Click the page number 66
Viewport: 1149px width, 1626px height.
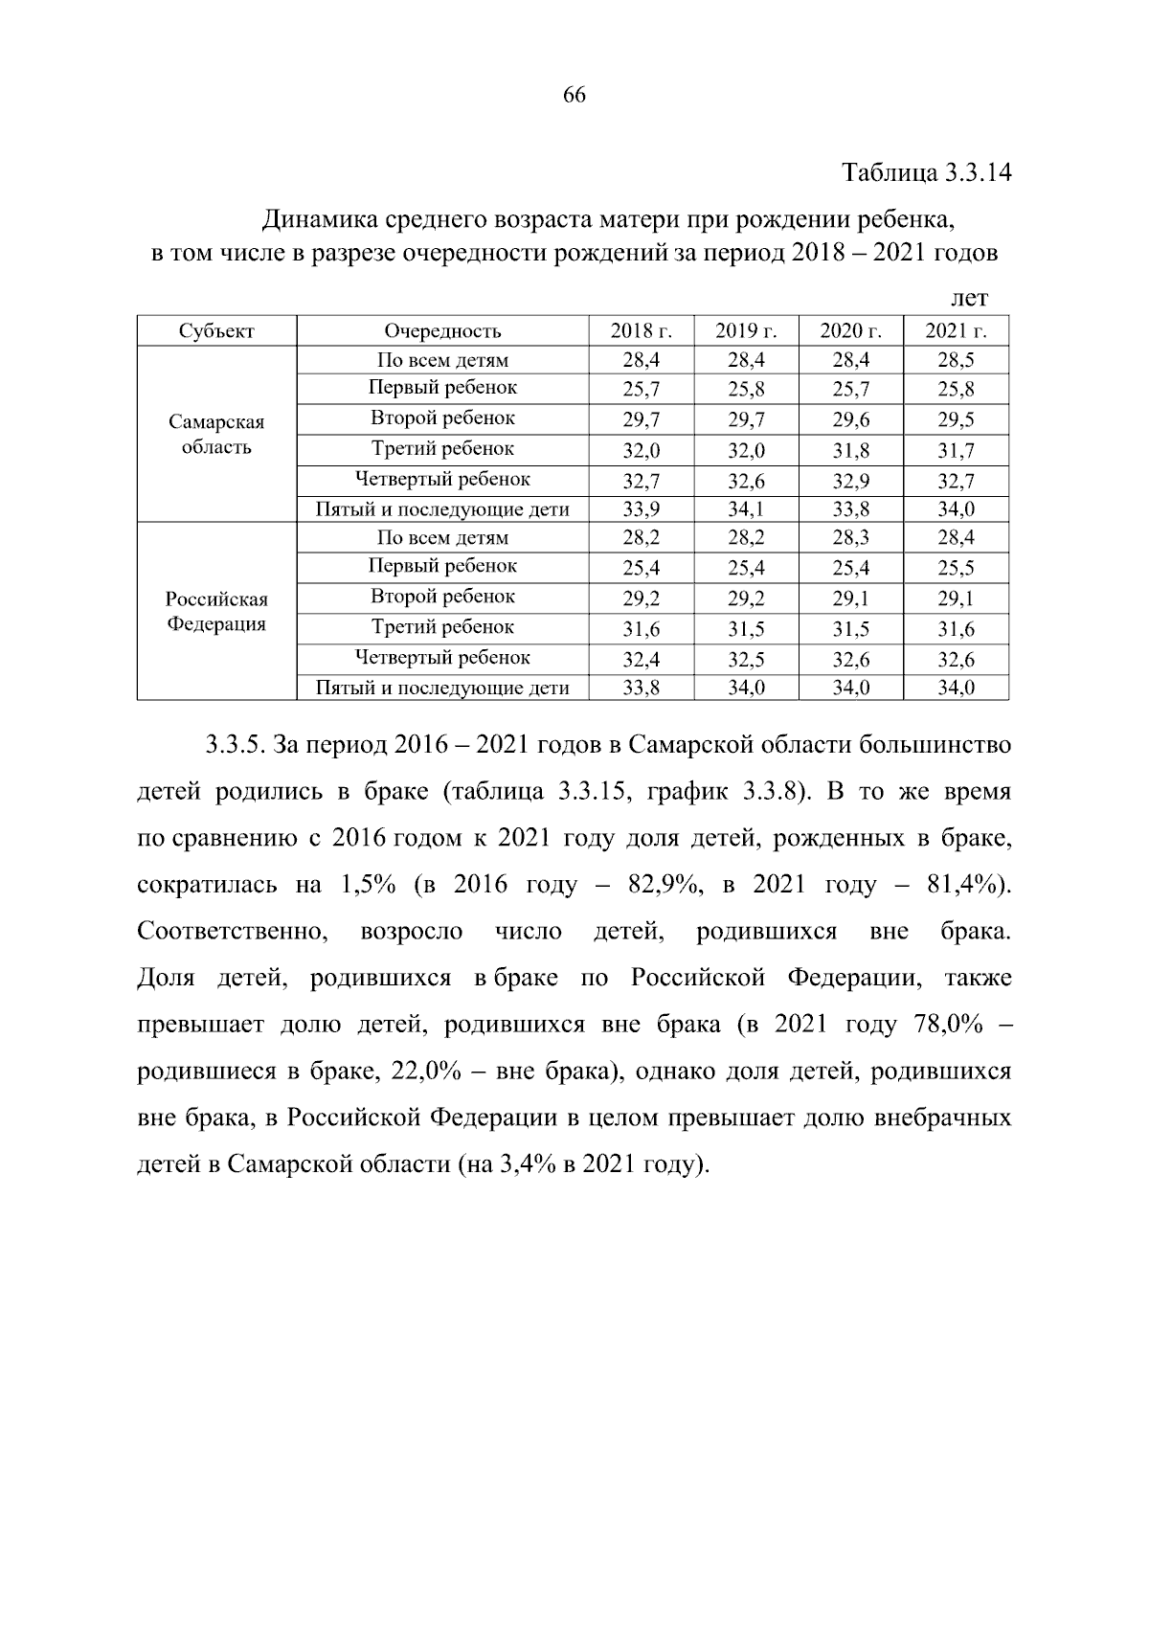pyautogui.click(x=574, y=95)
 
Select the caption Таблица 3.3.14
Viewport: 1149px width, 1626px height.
pyautogui.click(x=926, y=173)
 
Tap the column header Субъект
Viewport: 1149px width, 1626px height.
pyautogui.click(x=216, y=331)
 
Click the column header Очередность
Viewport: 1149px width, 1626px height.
pyautogui.click(x=442, y=331)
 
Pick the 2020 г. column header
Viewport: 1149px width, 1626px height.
pyautogui.click(x=850, y=331)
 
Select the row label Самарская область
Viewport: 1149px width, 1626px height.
pyautogui.click(x=216, y=435)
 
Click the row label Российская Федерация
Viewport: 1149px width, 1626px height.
pyautogui.click(x=216, y=612)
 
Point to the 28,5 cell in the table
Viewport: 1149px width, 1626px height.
pyautogui.click(x=956, y=361)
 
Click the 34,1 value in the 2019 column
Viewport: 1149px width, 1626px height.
pyautogui.click(x=746, y=509)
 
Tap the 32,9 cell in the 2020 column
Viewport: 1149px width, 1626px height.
pyautogui.click(x=850, y=481)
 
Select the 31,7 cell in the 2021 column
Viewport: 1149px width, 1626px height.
pyautogui.click(x=956, y=450)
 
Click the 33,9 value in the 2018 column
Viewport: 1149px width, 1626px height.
pyautogui.click(x=641, y=509)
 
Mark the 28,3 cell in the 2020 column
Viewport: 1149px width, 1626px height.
pyautogui.click(x=850, y=538)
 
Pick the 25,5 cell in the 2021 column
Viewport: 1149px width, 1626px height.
pyautogui.click(x=956, y=569)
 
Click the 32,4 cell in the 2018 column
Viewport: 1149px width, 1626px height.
pyautogui.click(x=641, y=660)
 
